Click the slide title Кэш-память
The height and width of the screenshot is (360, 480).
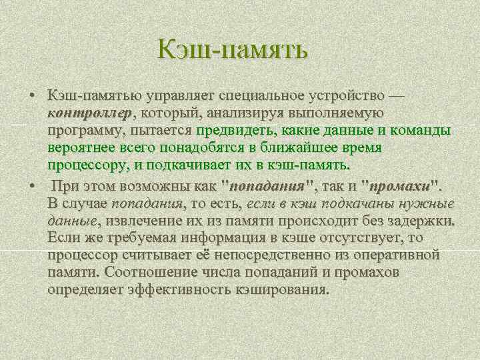tap(233, 49)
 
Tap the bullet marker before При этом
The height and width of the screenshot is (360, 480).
tap(32, 185)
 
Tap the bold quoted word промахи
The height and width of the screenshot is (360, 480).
tap(400, 185)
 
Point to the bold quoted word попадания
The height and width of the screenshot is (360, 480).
tap(267, 185)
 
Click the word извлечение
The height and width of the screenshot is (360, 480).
tap(141, 221)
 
